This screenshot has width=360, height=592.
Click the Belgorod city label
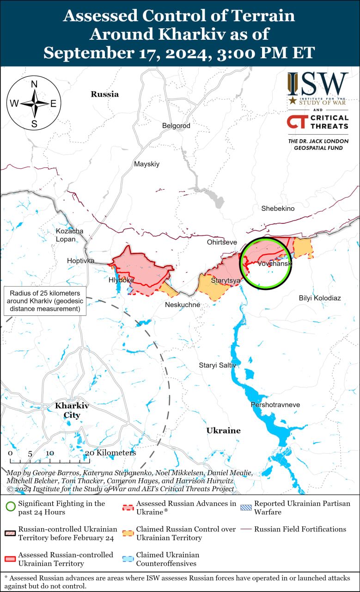pyautogui.click(x=176, y=126)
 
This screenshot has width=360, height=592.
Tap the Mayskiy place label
pyautogui.click(x=146, y=164)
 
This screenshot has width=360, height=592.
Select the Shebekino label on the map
pyautogui.click(x=278, y=209)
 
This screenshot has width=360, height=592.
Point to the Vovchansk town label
pyautogui.click(x=275, y=264)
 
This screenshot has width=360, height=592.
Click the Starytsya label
pyautogui.click(x=226, y=281)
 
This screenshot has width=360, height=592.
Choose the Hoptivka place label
pyautogui.click(x=80, y=261)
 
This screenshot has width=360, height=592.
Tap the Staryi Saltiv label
pyautogui.click(x=217, y=365)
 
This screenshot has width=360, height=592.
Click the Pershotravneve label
pyautogui.click(x=275, y=405)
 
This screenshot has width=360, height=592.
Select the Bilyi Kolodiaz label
pyautogui.click(x=320, y=298)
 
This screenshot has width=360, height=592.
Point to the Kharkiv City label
pyautogui.click(x=72, y=410)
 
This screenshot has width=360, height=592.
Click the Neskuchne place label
pyautogui.click(x=183, y=305)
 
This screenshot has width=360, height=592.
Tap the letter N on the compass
pyautogui.click(x=34, y=84)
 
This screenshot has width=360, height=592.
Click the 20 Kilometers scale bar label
pyautogui.click(x=111, y=453)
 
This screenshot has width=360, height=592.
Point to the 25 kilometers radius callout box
pyautogui.click(x=44, y=301)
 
